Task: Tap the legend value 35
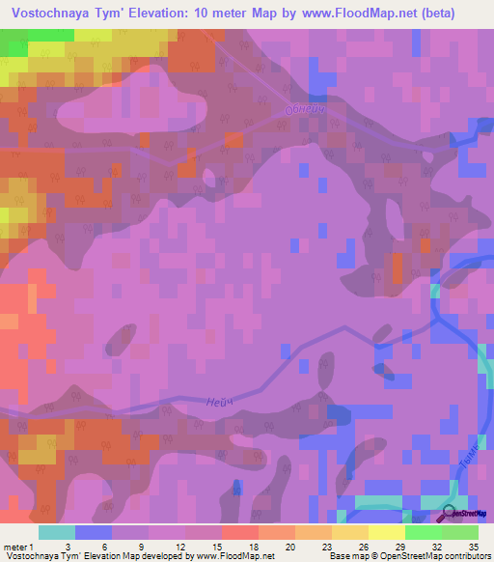(x=471, y=546)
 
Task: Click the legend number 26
(x=361, y=546)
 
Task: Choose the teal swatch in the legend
(x=57, y=532)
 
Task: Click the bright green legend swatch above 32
(x=423, y=532)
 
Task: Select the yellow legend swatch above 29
(x=386, y=532)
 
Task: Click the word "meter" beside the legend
(x=16, y=546)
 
